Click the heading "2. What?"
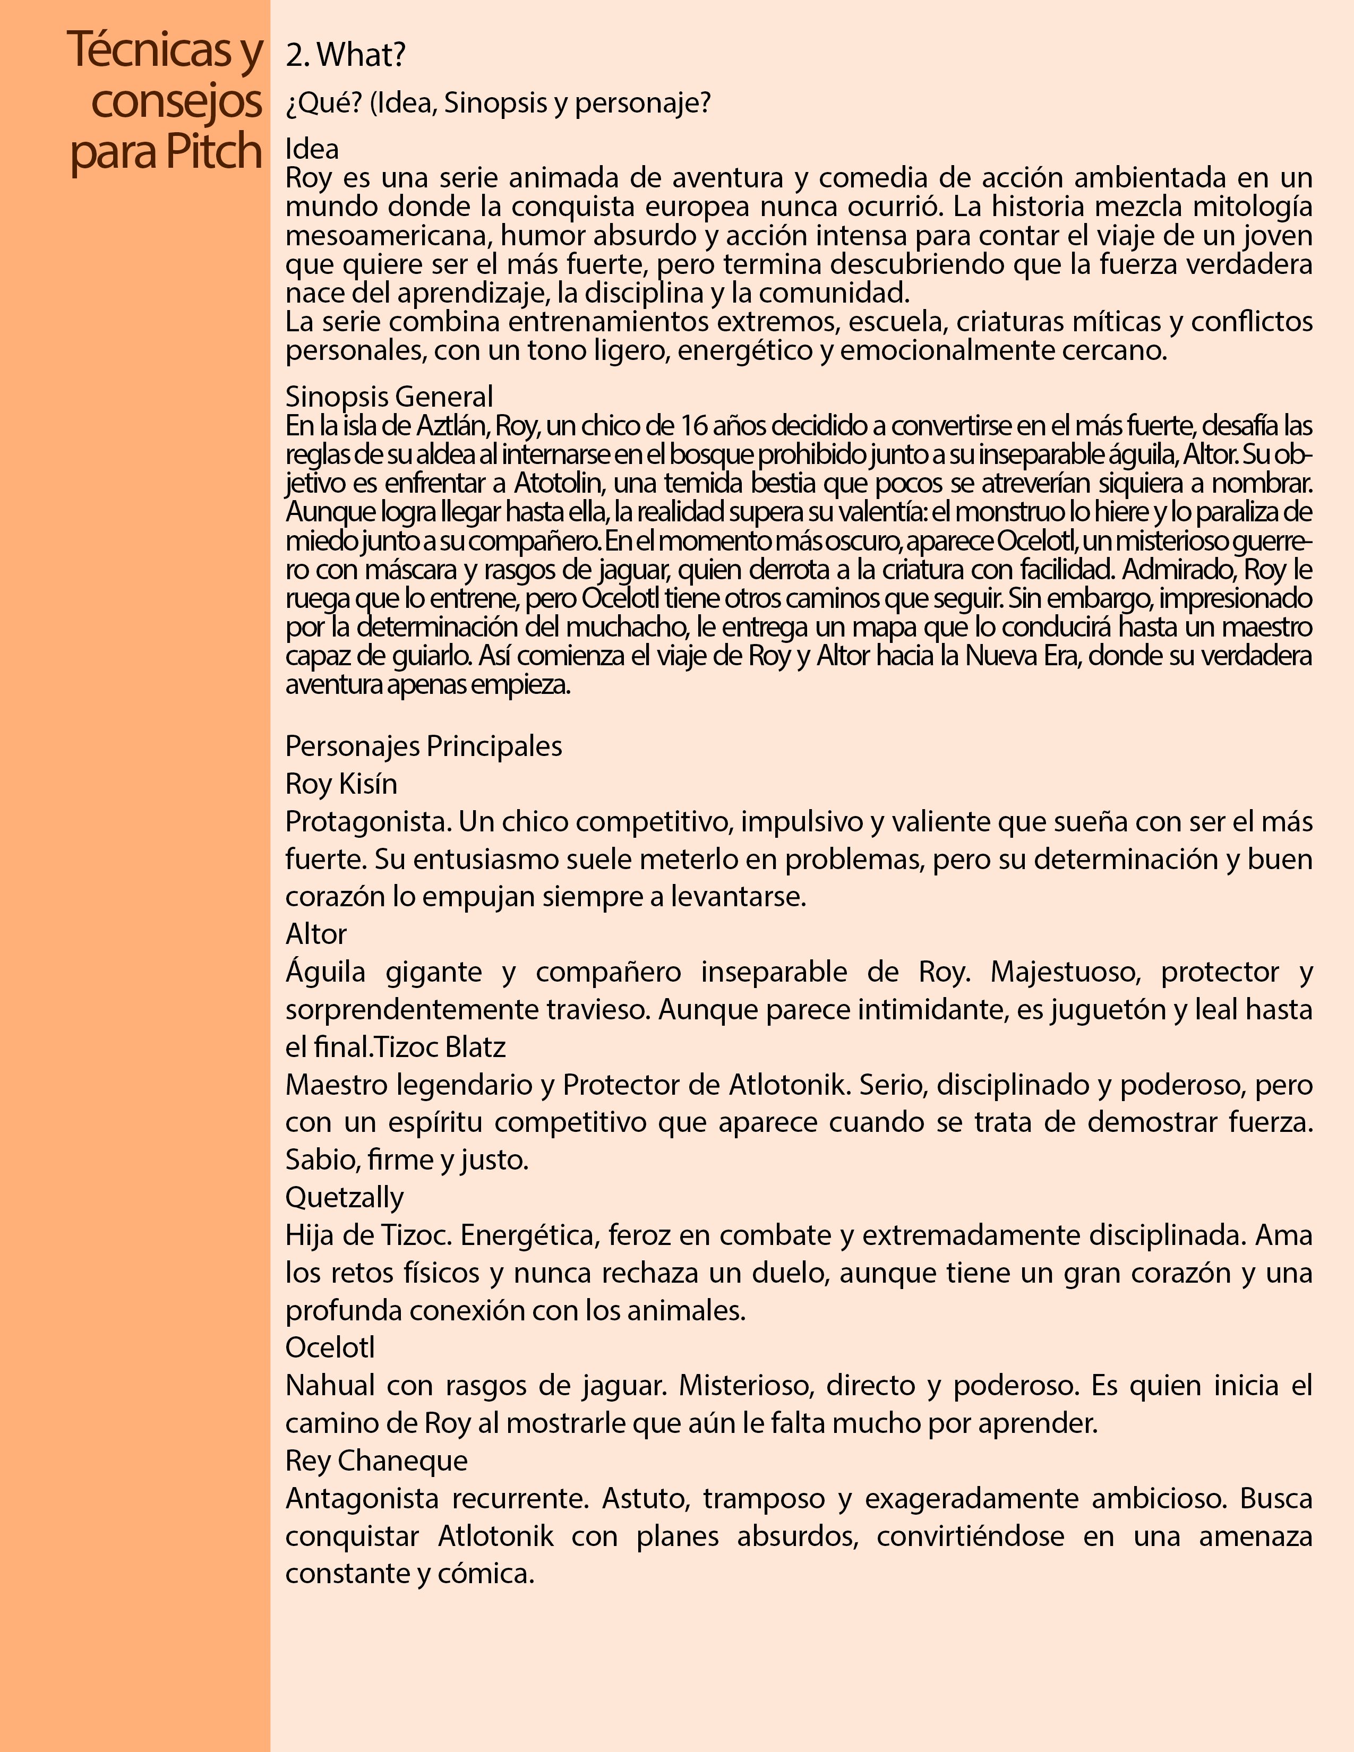pyautogui.click(x=346, y=55)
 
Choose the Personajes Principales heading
pyautogui.click(x=424, y=746)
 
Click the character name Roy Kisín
pyautogui.click(x=341, y=784)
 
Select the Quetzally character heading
pyautogui.click(x=344, y=1197)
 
